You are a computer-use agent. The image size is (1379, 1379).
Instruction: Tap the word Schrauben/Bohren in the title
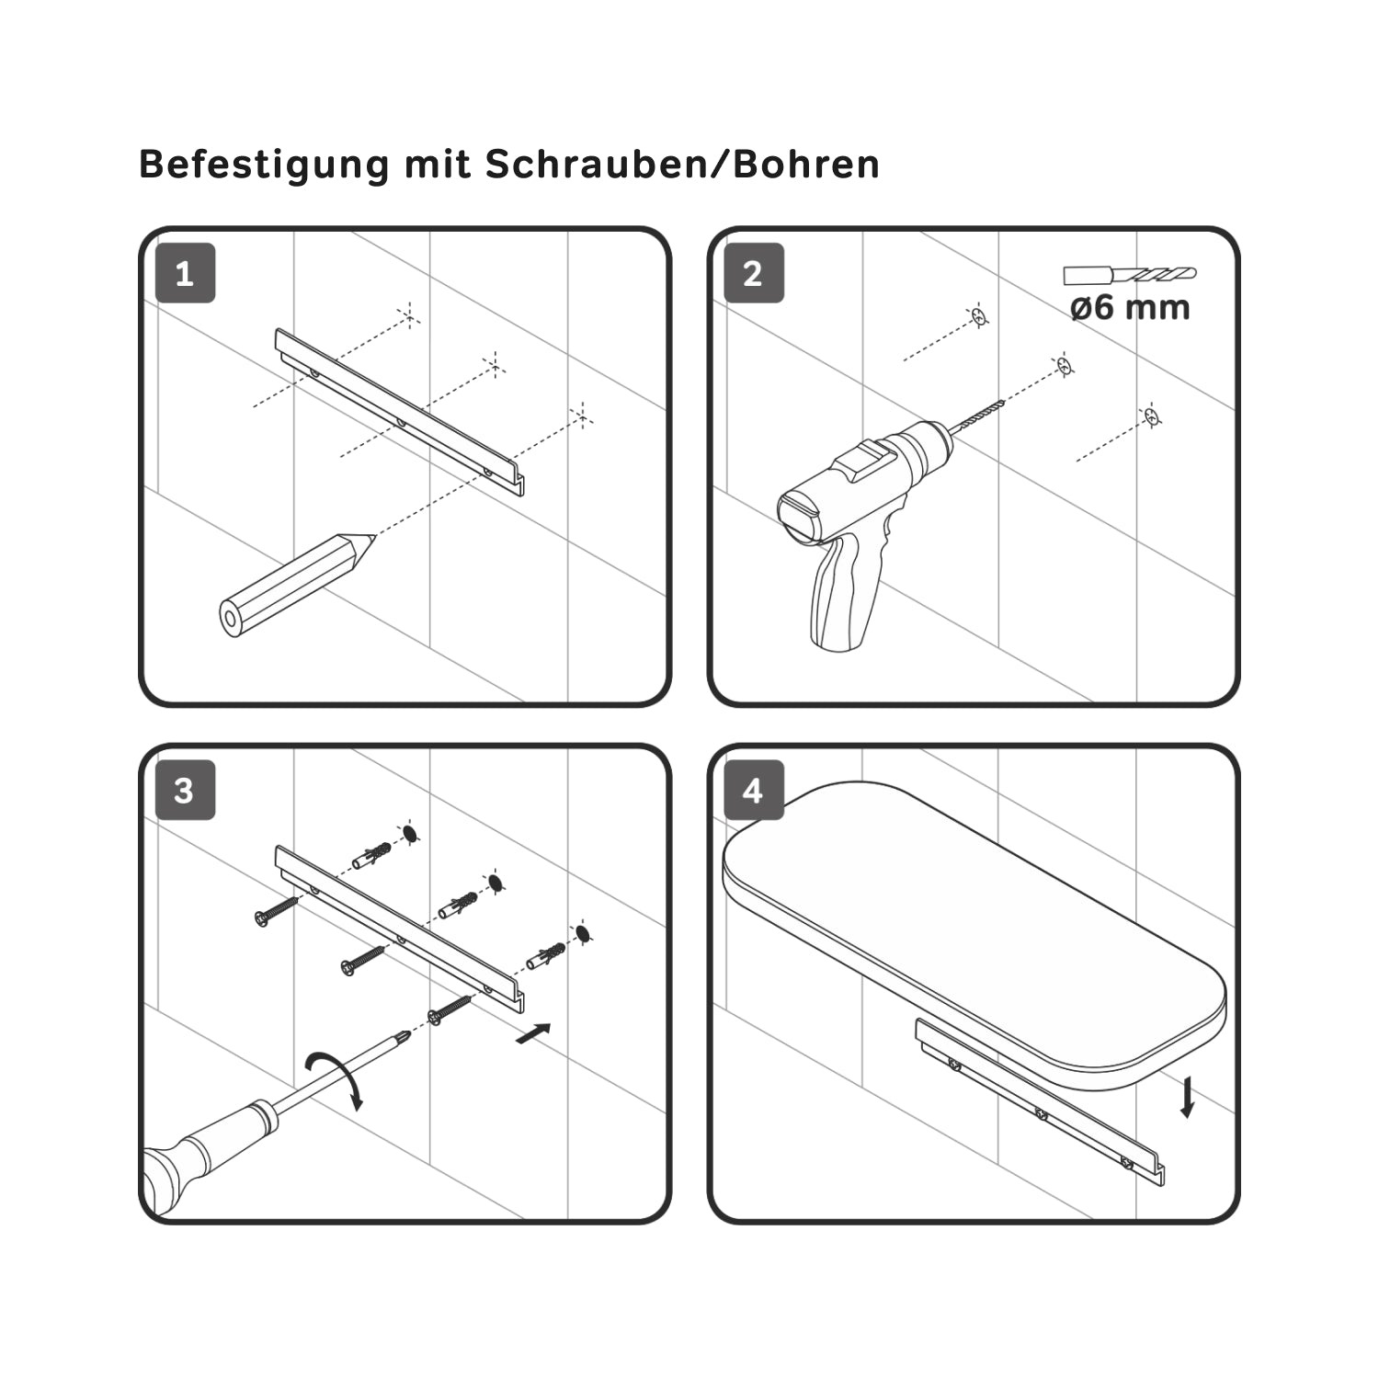tap(682, 164)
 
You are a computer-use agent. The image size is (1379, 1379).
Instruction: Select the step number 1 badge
tap(185, 273)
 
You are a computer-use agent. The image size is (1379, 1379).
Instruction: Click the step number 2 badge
tap(754, 273)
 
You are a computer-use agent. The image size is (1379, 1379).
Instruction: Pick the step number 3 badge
tap(185, 791)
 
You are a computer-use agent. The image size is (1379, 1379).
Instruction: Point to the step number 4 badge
tap(754, 791)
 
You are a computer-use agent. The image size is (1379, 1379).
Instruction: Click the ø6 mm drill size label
tap(1130, 306)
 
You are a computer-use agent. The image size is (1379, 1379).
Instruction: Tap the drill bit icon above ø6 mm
tap(1130, 274)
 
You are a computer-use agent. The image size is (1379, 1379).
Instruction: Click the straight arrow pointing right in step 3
tap(535, 1033)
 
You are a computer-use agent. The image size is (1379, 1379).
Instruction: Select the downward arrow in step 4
tap(1188, 1098)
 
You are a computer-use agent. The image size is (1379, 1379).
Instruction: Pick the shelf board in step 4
tap(974, 933)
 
